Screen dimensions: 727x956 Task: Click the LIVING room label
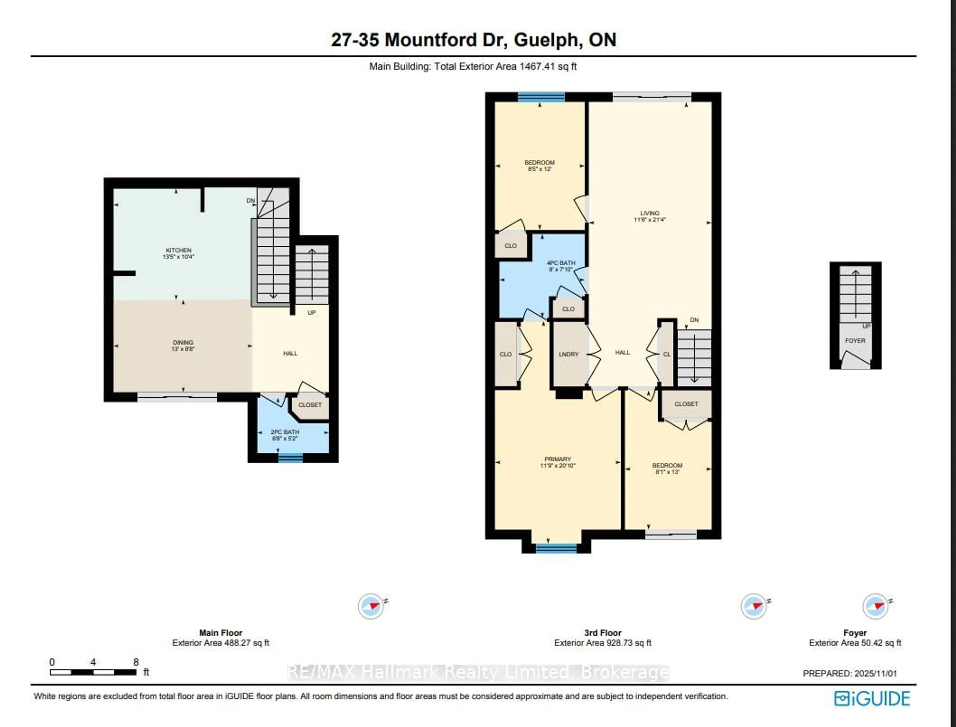click(x=650, y=213)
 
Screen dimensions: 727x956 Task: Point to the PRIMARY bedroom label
click(x=557, y=459)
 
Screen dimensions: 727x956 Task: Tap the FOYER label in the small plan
click(x=855, y=341)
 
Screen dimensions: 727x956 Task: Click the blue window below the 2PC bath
click(x=291, y=458)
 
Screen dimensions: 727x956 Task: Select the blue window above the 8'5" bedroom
click(x=541, y=97)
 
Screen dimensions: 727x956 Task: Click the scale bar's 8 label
click(x=136, y=662)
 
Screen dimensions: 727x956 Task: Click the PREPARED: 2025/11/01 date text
click(x=850, y=673)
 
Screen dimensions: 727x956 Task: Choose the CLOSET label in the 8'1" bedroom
click(x=686, y=404)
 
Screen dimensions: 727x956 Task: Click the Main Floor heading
click(x=221, y=633)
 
